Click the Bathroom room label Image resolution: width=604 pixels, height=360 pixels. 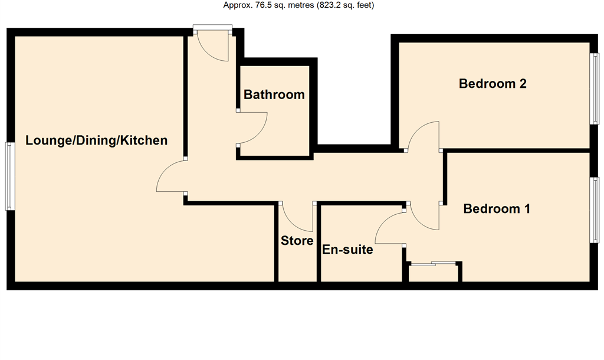(274, 94)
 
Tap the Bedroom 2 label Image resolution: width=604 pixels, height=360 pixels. (493, 84)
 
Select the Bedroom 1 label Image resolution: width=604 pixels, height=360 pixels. (497, 209)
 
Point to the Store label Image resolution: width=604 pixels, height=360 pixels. (297, 241)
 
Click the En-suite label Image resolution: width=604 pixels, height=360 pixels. (347, 250)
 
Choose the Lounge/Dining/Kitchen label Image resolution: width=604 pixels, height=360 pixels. (96, 140)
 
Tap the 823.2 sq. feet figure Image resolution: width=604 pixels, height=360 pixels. (345, 5)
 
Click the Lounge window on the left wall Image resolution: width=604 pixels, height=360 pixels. (10, 176)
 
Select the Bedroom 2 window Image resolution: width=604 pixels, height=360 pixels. (595, 89)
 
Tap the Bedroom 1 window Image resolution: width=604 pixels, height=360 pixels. (595, 210)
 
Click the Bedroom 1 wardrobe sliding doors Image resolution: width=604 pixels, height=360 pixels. (434, 264)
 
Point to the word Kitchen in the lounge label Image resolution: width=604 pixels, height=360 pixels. (144, 140)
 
